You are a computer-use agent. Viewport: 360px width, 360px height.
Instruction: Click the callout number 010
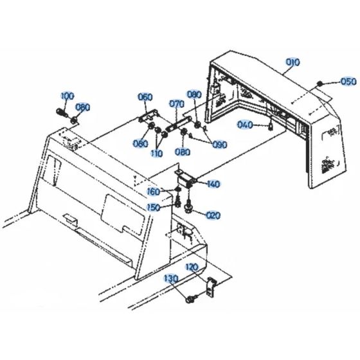[293, 62]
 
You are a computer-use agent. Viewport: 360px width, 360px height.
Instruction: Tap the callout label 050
[347, 82]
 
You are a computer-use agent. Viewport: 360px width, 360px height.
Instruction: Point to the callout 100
[67, 96]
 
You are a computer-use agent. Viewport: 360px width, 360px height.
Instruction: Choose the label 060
[145, 97]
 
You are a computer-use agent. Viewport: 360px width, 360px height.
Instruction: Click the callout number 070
[177, 104]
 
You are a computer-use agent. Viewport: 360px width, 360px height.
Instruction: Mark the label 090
[220, 145]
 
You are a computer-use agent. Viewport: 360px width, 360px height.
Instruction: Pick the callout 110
[157, 153]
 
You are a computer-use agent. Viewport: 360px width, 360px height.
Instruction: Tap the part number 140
[213, 184]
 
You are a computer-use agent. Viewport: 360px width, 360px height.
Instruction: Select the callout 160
[154, 192]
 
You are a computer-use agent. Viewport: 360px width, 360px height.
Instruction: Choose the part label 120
[192, 267]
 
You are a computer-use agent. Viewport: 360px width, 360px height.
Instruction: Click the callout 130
[170, 279]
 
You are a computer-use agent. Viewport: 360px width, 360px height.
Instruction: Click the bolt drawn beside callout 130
[190, 299]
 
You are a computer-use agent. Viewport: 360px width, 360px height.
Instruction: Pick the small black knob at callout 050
[319, 84]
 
